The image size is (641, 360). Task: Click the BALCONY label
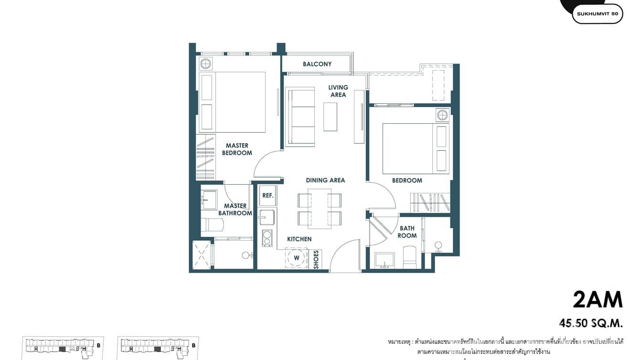click(317, 64)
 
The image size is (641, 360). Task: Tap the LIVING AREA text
click(338, 91)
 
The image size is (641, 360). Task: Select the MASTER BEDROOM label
click(237, 149)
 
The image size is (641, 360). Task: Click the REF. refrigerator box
click(267, 196)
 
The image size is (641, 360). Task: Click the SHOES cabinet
click(316, 260)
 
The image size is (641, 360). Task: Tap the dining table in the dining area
click(320, 209)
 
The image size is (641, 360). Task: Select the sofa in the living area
click(300, 116)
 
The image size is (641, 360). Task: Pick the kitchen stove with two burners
click(267, 238)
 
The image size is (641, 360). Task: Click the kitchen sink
click(267, 217)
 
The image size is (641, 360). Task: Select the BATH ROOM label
click(407, 232)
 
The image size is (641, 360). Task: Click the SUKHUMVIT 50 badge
click(597, 14)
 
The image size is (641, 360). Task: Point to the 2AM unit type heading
click(598, 300)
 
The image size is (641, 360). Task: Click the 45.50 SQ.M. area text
click(591, 323)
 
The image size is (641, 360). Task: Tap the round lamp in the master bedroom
click(206, 64)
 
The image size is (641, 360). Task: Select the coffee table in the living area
click(330, 117)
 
